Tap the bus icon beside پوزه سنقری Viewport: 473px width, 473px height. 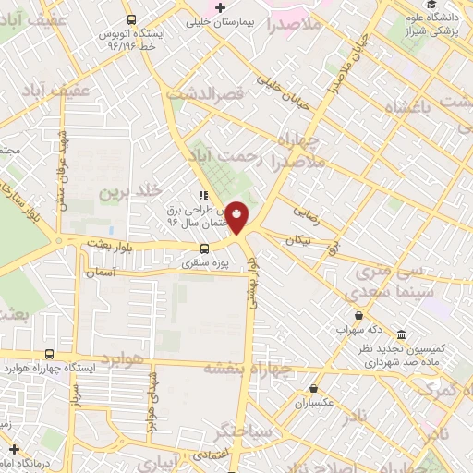205,249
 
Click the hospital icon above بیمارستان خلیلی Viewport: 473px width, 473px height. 219,8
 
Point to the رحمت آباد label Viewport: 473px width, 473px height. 224,158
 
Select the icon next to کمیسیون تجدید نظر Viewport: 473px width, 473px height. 401,334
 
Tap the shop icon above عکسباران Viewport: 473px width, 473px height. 315,389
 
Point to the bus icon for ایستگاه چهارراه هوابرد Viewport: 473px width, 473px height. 49,354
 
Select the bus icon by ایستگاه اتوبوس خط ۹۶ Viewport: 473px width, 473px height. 131,18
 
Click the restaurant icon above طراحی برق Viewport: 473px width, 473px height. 202,195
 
